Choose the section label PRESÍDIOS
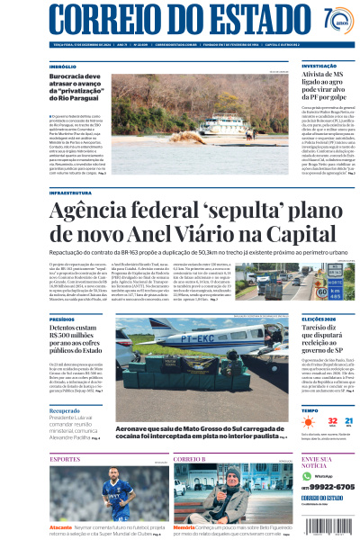[62, 319]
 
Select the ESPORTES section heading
[65, 459]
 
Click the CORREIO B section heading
[190, 459]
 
